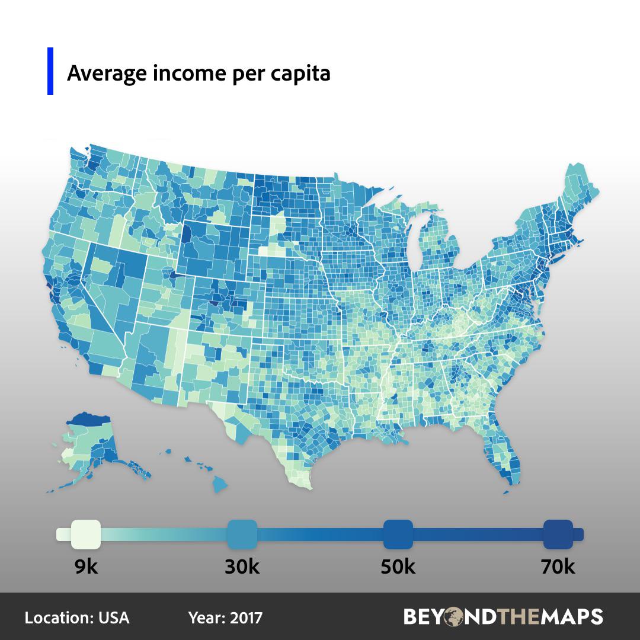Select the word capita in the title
click(300, 74)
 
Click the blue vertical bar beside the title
click(50, 71)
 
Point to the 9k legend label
click(86, 567)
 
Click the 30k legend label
click(242, 567)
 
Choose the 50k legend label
click(398, 567)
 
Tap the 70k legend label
click(557, 567)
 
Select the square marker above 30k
click(242, 534)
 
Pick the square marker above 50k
click(398, 534)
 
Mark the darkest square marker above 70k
click(558, 534)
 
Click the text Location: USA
click(77, 617)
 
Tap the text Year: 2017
click(225, 617)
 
